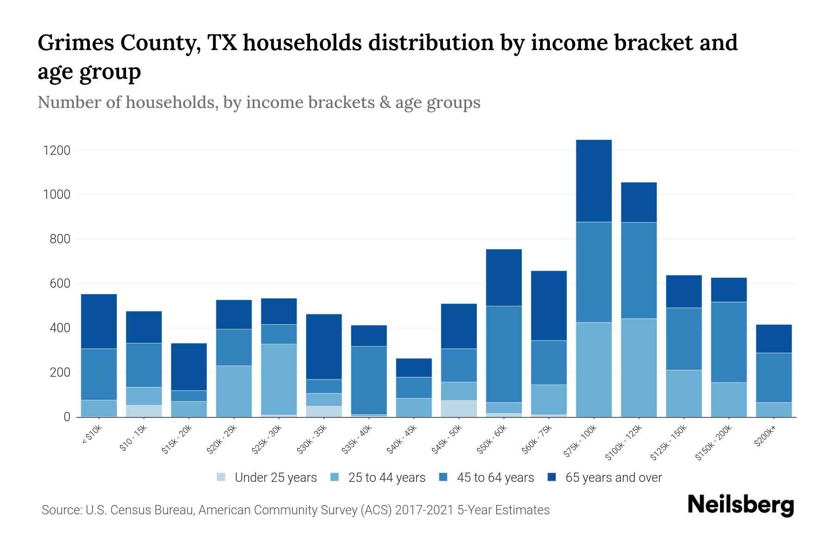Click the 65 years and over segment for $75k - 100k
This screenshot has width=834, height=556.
594,181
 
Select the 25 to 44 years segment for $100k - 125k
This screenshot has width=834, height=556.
638,367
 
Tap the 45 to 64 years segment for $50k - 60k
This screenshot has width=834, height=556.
504,354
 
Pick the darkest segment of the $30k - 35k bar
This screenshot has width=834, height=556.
324,347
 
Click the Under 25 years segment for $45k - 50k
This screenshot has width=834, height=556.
459,409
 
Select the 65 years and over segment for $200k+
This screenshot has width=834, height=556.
774,339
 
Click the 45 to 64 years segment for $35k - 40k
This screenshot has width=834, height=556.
369,380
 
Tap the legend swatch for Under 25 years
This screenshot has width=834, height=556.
221,477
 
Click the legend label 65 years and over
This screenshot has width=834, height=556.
613,477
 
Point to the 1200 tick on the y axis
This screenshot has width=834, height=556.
57,151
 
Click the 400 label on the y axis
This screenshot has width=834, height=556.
57,328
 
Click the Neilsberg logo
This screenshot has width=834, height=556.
740,505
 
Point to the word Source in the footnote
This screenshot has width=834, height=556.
60,510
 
